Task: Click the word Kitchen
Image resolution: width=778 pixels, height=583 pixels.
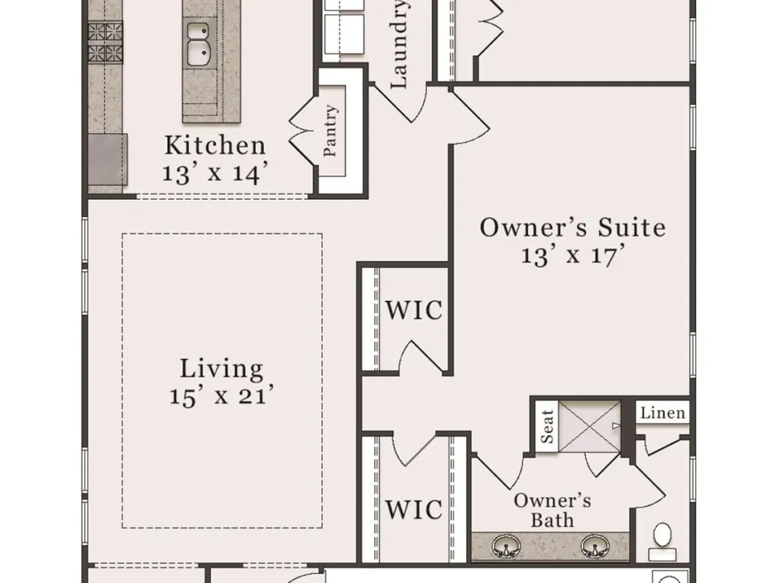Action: coord(215,145)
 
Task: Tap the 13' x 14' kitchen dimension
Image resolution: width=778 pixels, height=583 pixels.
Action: coord(216,173)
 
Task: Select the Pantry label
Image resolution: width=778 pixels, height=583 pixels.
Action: coord(330,131)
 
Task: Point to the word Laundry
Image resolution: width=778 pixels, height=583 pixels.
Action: coord(399,44)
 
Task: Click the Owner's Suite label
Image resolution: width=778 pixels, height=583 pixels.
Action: coord(573,228)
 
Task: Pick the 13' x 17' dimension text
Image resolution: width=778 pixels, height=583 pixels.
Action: coord(573,256)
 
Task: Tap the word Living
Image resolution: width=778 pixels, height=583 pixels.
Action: coord(221,370)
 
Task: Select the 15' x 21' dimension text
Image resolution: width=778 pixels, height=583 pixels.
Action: coord(221,396)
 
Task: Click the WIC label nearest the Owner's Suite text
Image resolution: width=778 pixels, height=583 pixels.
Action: coord(414,310)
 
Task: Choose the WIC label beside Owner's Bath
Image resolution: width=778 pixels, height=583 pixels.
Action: coord(414,509)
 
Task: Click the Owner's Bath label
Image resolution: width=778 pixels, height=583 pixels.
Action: coord(552,511)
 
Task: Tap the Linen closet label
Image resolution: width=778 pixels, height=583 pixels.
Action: coord(662,413)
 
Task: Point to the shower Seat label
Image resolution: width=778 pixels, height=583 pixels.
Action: coord(547,426)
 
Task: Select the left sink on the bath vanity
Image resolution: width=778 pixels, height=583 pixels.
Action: coord(506,546)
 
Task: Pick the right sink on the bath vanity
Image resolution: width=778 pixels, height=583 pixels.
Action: coord(595,546)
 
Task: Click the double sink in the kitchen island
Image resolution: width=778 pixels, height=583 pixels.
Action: coord(198,44)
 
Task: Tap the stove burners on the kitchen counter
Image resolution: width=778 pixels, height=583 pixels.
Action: coord(105,43)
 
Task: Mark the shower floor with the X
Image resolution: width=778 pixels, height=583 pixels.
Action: coord(590,426)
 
